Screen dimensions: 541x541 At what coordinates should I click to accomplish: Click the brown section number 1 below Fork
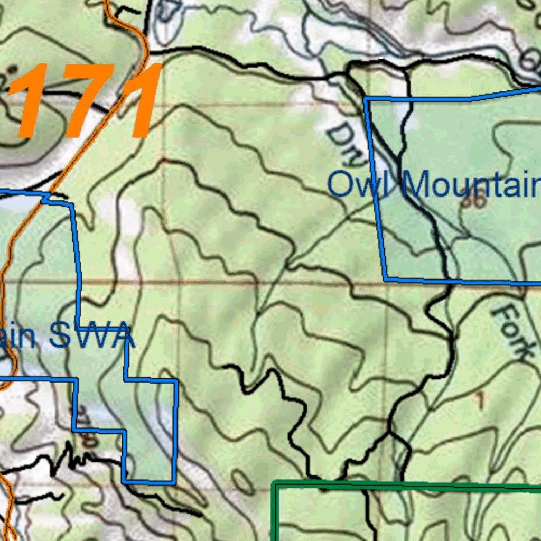coord(480,400)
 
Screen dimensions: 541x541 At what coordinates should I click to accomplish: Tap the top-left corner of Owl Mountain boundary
coord(365,99)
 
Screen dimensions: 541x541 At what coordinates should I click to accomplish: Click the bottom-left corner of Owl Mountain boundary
coord(386,278)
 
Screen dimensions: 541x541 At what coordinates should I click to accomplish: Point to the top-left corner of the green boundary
coord(274,483)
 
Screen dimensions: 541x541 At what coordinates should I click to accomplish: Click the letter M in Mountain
coord(417,185)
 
